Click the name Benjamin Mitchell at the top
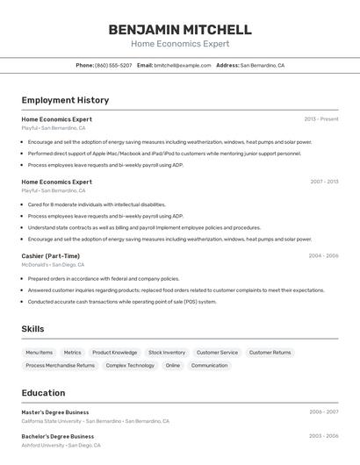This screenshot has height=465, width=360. click(180, 30)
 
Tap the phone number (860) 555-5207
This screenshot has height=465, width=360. click(113, 65)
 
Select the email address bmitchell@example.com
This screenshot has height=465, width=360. click(183, 65)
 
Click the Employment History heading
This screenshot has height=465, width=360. click(65, 100)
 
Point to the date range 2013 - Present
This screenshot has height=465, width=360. click(320, 119)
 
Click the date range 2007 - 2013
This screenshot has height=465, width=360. click(324, 182)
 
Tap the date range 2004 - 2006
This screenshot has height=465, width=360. click(323, 255)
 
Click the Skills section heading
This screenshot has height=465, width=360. click(33, 328)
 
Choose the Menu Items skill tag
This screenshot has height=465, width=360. click(39, 353)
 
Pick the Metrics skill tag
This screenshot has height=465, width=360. click(72, 353)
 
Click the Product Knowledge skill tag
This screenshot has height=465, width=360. click(115, 353)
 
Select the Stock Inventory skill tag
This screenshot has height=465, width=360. click(167, 353)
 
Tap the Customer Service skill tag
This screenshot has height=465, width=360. click(217, 353)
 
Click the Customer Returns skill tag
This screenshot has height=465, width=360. click(270, 353)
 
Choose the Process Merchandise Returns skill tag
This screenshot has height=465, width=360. click(60, 365)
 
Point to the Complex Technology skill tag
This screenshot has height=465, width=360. click(130, 365)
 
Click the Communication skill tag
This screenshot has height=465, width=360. click(209, 365)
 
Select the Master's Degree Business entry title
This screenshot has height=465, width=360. click(55, 411)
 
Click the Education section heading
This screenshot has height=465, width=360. click(43, 392)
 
